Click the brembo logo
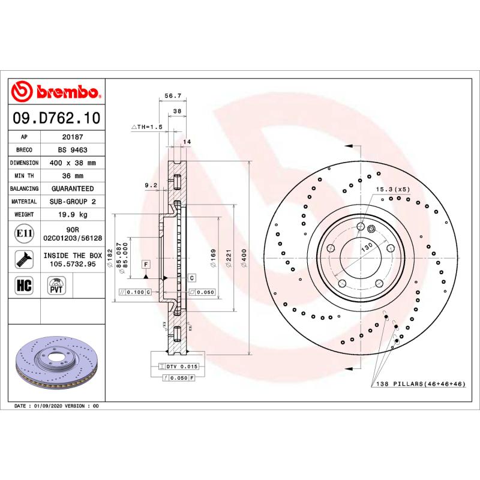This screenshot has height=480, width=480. (56, 92)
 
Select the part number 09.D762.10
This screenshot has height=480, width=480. (56, 118)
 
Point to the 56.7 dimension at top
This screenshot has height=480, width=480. (173, 95)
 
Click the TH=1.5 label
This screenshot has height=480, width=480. (147, 127)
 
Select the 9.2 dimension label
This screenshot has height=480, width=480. (151, 185)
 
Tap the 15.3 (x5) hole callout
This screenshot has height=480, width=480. (393, 190)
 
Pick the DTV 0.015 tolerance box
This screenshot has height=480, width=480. (178, 366)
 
